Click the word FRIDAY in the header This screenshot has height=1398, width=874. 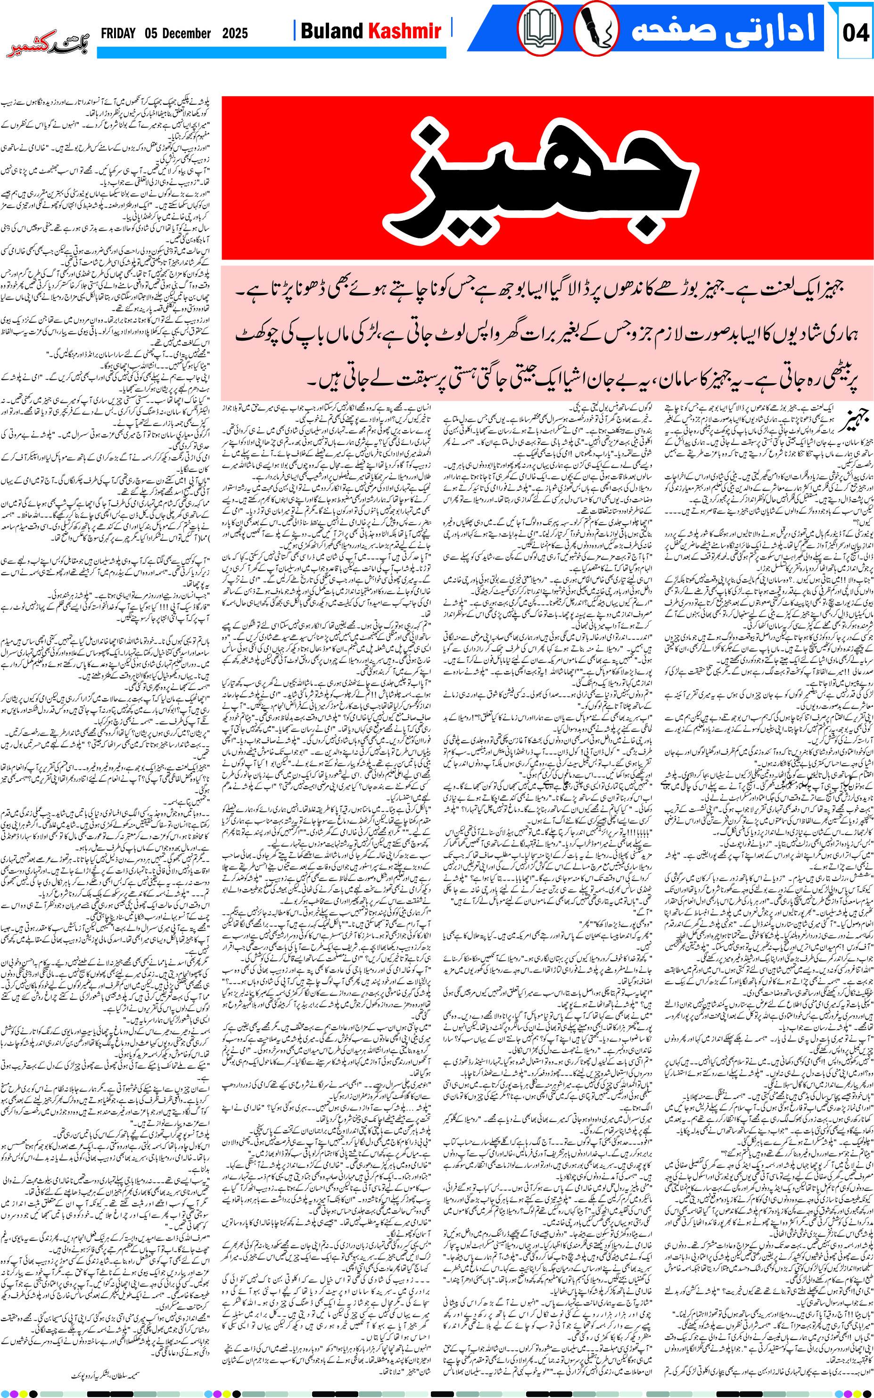[x=118, y=33]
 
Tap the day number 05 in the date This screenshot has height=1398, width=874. [x=151, y=33]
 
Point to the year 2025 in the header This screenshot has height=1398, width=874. [x=235, y=33]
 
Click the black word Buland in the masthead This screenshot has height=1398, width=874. [x=331, y=31]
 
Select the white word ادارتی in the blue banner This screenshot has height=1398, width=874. [x=778, y=29]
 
